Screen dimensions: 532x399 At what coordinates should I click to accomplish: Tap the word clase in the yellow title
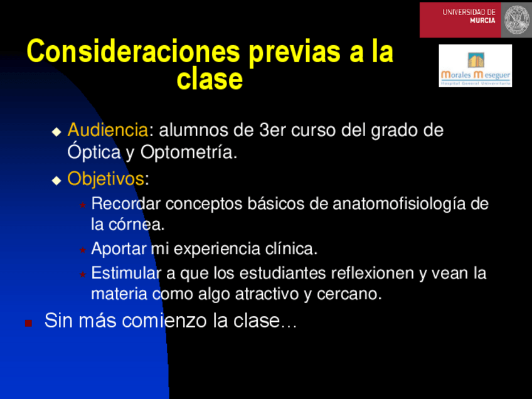[x=210, y=79]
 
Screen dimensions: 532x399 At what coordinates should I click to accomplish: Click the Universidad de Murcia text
[x=469, y=16]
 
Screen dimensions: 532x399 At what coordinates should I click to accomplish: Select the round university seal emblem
[x=516, y=19]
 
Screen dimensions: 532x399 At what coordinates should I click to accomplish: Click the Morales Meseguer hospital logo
[x=476, y=66]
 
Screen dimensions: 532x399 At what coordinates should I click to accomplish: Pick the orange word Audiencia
[x=108, y=130]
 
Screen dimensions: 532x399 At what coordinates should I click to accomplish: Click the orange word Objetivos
[x=106, y=178]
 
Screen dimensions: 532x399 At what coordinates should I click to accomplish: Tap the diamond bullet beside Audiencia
[x=56, y=132]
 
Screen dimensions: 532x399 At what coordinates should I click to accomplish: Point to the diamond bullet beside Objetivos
[x=56, y=181]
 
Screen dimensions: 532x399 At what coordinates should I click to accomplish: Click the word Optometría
[x=189, y=152]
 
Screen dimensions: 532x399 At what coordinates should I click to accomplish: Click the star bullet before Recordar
[x=82, y=205]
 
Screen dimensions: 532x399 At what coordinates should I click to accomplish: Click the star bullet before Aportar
[x=82, y=250]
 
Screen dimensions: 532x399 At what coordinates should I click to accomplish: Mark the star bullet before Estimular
[x=82, y=274]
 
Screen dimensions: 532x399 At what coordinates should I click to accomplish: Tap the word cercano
[x=349, y=294]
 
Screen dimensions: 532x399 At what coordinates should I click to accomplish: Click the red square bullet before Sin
[x=28, y=323]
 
